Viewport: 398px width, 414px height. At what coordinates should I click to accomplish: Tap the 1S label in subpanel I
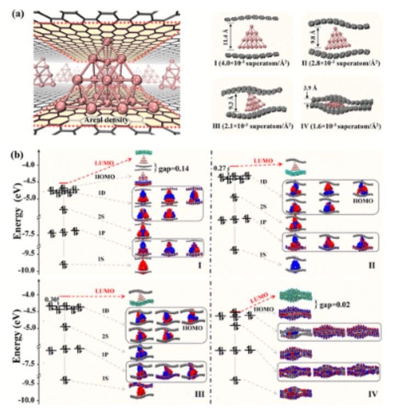(100, 257)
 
